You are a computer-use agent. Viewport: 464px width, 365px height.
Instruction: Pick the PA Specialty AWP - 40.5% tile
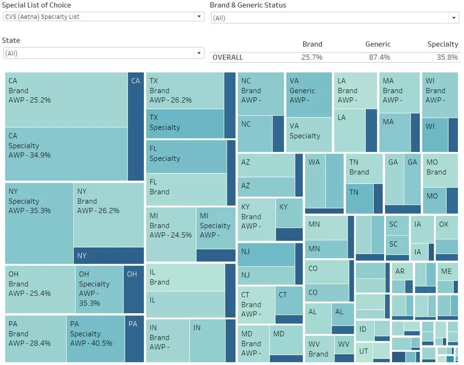coord(95,338)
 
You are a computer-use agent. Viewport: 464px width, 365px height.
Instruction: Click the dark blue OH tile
coord(133,289)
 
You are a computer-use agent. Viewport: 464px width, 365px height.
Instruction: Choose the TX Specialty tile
coord(185,123)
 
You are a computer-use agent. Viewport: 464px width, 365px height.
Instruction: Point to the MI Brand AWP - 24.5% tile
coord(171,234)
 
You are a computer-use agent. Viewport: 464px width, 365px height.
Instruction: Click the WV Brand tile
coord(319,349)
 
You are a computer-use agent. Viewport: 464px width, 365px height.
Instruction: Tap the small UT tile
coord(364,351)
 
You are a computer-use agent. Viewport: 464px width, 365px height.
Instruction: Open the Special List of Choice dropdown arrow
coord(200,17)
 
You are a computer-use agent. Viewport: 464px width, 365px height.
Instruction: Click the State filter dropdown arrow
coord(200,53)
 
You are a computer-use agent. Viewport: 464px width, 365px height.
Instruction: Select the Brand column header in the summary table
coord(312,44)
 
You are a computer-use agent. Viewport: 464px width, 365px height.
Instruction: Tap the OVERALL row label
coord(228,57)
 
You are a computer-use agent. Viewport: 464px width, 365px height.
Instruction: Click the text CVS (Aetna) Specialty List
coord(42,17)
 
